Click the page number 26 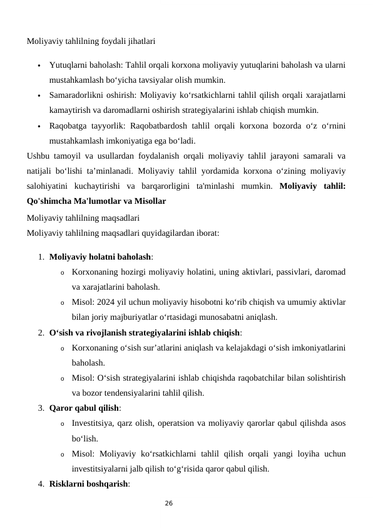[168, 503]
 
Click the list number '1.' [40, 257]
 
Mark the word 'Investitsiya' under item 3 [94, 423]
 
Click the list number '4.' [40, 483]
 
